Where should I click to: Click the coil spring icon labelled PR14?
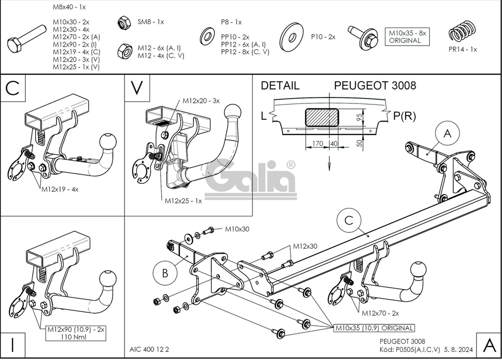461,32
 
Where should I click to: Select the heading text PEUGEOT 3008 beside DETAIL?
375,85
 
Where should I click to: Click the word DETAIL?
280,85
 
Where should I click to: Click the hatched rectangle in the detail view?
321,116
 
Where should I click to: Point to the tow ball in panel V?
232,111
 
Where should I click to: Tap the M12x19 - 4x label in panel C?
60,189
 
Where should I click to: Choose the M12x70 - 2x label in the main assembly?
380,313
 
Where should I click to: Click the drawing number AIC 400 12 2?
146,349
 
